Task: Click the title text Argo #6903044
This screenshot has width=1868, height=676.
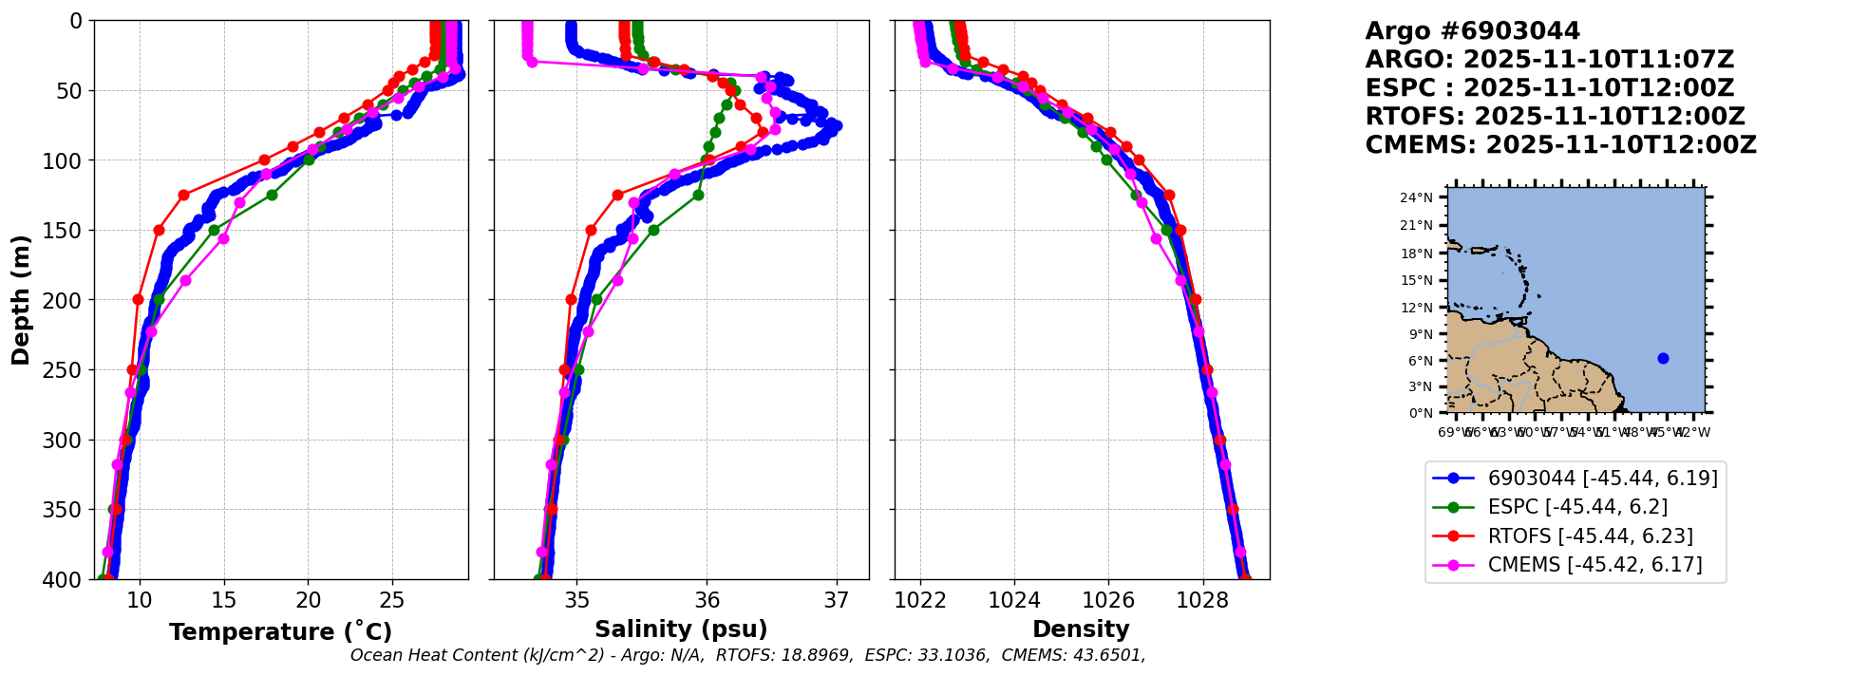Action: click(x=1472, y=31)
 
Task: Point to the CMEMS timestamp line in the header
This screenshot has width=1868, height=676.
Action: click(x=1560, y=145)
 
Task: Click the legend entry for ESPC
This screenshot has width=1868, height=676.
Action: click(x=1577, y=507)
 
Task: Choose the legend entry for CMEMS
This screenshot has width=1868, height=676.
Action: click(x=1594, y=565)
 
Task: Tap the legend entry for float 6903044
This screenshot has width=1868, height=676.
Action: click(x=1602, y=479)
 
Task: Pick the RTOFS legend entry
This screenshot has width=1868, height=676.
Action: click(x=1590, y=536)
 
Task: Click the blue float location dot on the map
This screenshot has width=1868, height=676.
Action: click(x=1663, y=358)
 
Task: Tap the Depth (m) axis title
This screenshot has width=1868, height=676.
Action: click(x=21, y=299)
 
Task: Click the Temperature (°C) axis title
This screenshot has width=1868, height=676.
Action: click(x=280, y=632)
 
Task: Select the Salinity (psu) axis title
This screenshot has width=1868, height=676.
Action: click(x=681, y=629)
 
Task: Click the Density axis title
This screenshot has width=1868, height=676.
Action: click(x=1081, y=629)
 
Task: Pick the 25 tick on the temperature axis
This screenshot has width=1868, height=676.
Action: click(x=392, y=600)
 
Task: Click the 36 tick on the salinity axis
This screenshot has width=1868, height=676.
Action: click(x=708, y=600)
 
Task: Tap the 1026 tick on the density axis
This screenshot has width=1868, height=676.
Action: click(x=1108, y=600)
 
